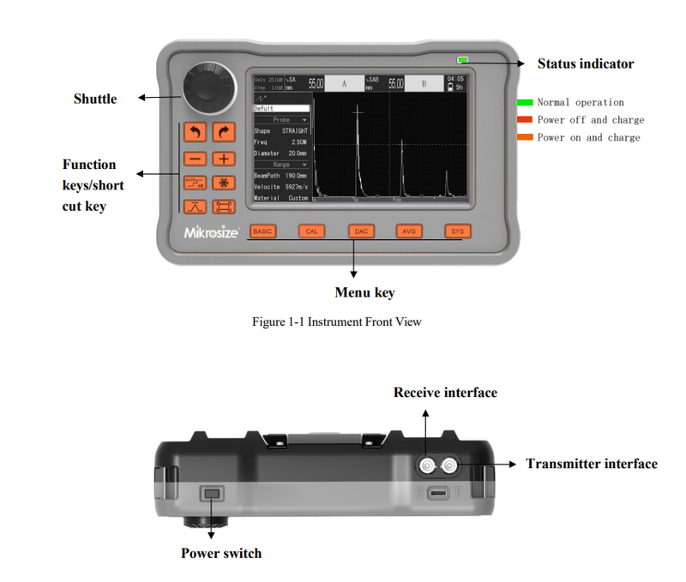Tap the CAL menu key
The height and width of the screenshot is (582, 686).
311,231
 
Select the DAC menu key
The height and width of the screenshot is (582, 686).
361,231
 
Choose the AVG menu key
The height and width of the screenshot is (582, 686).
409,231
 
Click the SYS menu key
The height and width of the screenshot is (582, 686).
458,231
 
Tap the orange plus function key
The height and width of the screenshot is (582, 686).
224,159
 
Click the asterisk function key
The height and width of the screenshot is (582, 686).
224,183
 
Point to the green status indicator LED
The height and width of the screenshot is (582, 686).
463,60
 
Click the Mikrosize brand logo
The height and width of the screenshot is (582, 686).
211,232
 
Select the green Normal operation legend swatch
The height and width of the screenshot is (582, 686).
525,103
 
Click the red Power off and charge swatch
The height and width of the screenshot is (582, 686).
525,120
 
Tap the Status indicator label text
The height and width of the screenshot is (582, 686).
586,63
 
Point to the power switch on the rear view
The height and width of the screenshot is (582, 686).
211,494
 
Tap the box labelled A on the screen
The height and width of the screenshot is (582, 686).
344,84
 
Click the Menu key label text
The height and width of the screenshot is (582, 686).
364,293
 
